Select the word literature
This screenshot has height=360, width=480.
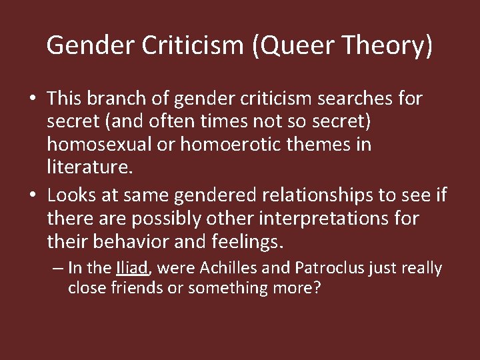(89, 167)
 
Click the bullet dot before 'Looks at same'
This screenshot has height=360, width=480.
(32, 196)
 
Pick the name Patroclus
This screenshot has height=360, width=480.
(327, 268)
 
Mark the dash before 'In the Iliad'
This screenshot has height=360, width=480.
(58, 269)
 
